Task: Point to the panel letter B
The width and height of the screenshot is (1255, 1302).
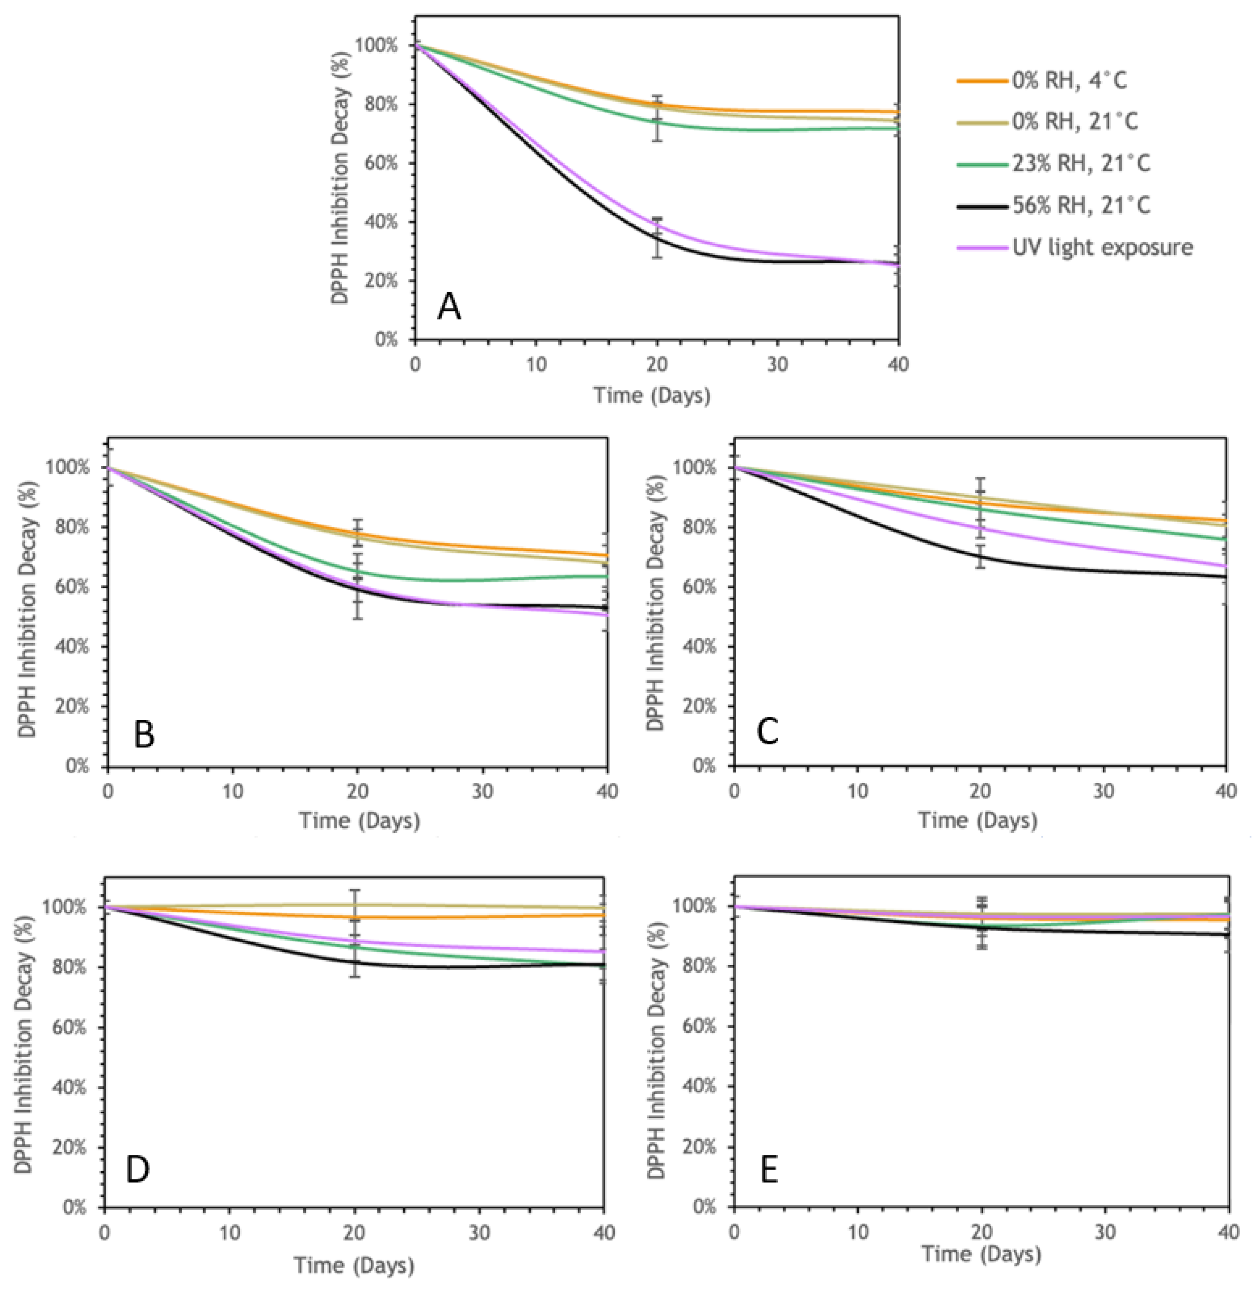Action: tap(144, 735)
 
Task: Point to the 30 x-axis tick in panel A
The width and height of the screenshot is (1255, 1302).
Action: tap(778, 364)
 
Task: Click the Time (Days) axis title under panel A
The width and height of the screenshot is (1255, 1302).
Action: tap(652, 395)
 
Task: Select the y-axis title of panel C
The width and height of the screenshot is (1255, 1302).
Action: tap(656, 603)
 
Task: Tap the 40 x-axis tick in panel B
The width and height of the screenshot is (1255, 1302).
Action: tap(607, 791)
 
